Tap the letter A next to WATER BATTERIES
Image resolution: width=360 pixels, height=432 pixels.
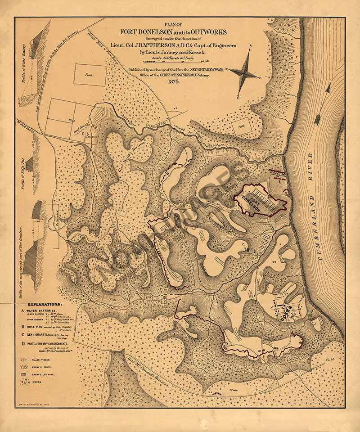coord(22,310)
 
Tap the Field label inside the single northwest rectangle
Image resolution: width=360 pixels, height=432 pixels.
coord(89,76)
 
